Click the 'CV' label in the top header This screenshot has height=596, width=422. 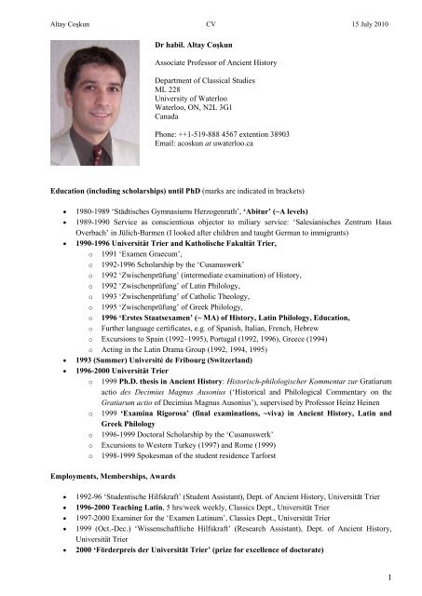coord(211,10)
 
